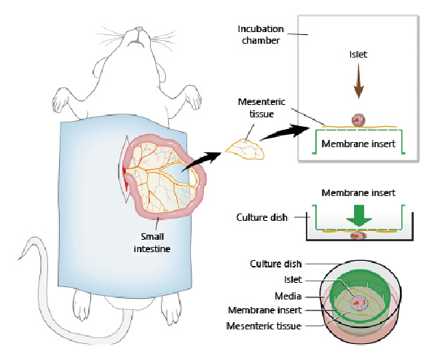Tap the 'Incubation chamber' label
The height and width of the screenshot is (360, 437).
[259, 34]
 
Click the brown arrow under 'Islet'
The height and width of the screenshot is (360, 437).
[358, 84]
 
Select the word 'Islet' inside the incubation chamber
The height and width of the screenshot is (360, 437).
[358, 55]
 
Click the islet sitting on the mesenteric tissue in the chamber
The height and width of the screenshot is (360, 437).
[358, 120]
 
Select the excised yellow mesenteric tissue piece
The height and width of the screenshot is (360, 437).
[245, 149]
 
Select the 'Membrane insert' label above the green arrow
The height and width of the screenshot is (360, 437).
[358, 193]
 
